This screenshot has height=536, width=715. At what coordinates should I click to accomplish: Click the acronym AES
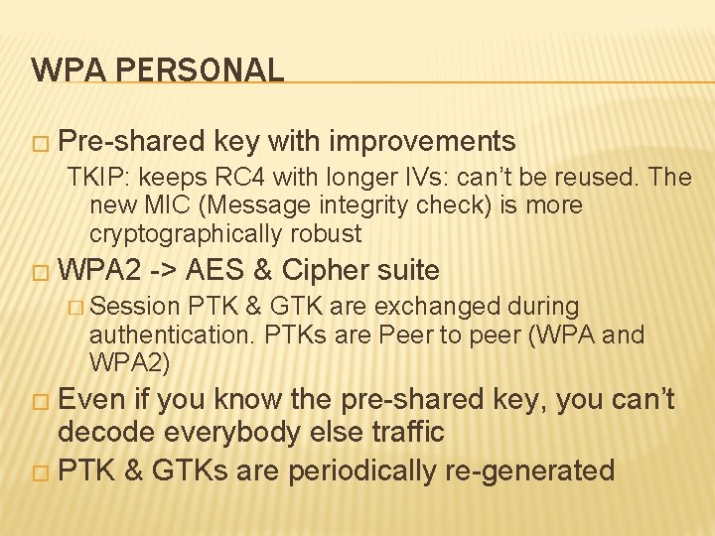(216, 270)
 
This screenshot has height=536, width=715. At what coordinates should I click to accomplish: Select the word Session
(141, 308)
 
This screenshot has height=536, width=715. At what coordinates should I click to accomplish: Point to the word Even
(92, 400)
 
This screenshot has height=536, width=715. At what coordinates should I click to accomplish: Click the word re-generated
(528, 469)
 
